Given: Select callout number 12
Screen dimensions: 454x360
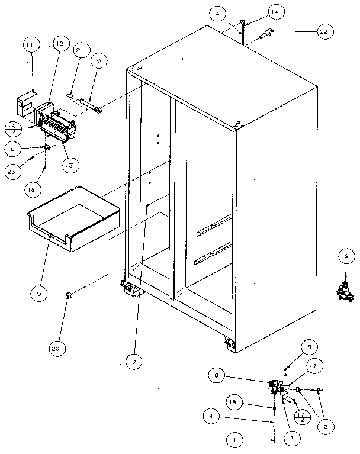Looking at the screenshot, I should coord(60,44).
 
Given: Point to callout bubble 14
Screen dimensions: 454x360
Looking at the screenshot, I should coord(258,11).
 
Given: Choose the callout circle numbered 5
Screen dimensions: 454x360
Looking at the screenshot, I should coord(308,347).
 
